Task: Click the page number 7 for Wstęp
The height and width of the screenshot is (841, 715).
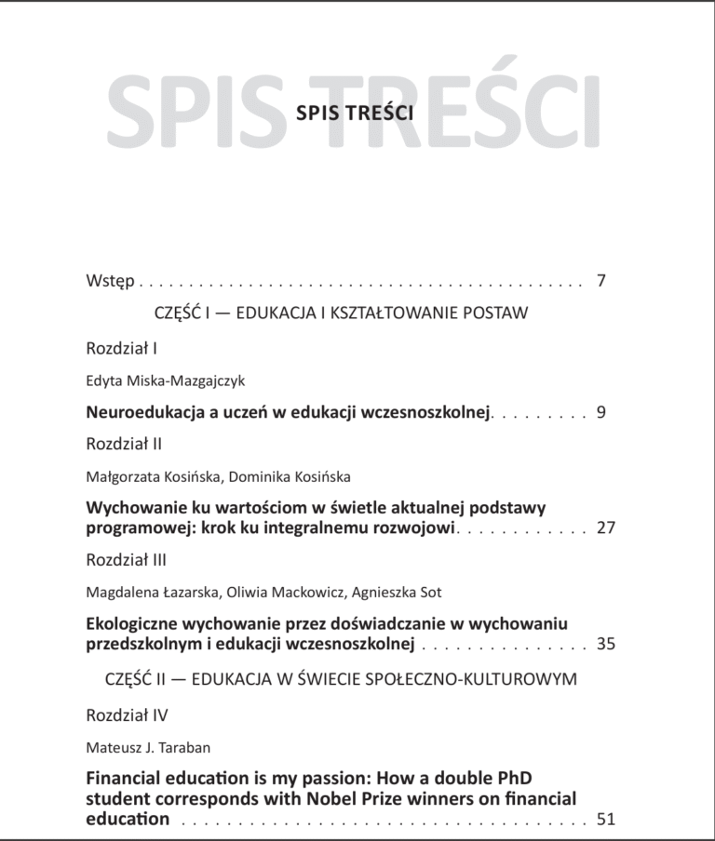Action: [x=601, y=280]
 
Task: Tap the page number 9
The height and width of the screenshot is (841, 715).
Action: [x=601, y=411]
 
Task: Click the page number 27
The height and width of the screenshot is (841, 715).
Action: [x=606, y=527]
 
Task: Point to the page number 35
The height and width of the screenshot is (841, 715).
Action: [x=606, y=643]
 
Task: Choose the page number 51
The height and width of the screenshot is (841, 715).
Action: [x=606, y=819]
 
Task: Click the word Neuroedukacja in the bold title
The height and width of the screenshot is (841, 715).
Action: [x=142, y=411]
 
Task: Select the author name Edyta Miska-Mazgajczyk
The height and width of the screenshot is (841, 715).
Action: [x=166, y=380]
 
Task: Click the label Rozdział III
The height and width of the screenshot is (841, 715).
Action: [x=126, y=560]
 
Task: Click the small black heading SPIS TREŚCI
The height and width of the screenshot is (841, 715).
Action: [x=354, y=113]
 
